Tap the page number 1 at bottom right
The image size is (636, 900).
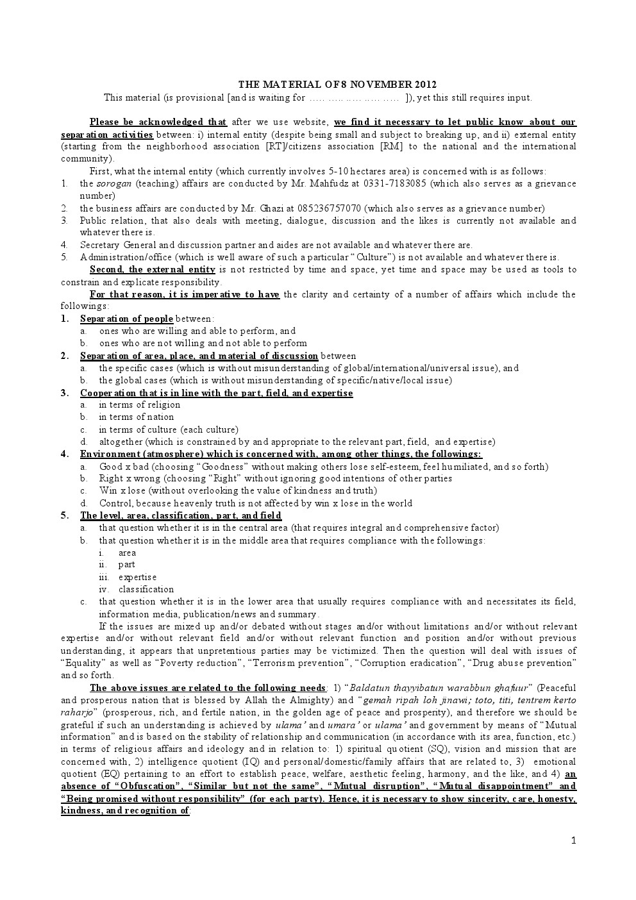574,841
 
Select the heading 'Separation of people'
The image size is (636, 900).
126,319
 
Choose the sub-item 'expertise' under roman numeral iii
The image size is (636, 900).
137,577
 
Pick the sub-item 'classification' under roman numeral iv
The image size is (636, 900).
146,589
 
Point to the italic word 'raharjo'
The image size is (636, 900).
78,712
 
